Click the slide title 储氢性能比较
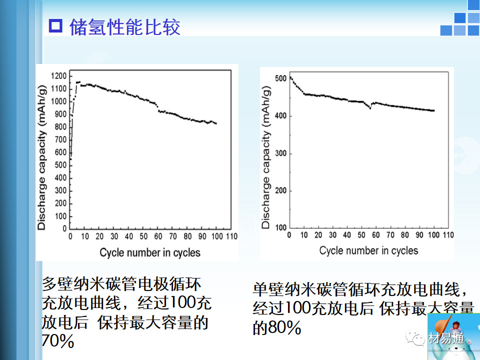(x=125, y=27)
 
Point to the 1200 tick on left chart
(x=59, y=76)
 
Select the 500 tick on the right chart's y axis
(x=280, y=78)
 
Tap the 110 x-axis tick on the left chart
(x=231, y=236)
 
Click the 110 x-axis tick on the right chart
(x=448, y=235)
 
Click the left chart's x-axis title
(x=149, y=252)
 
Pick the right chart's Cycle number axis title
(x=368, y=250)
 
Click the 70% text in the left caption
(x=58, y=341)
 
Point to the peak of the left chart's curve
(x=78, y=82)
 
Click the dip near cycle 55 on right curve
(x=370, y=107)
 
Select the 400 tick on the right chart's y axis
(x=280, y=116)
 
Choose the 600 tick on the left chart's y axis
(x=60, y=152)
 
